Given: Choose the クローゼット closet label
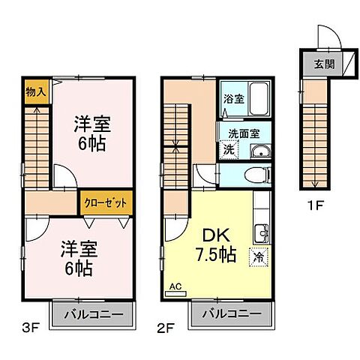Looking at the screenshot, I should click(98, 202).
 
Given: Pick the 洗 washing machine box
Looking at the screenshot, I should click(229, 149).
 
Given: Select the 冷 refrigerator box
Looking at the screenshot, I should click(259, 256).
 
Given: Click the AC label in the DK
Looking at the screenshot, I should click(177, 286).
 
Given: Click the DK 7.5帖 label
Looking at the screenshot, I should click(214, 244).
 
